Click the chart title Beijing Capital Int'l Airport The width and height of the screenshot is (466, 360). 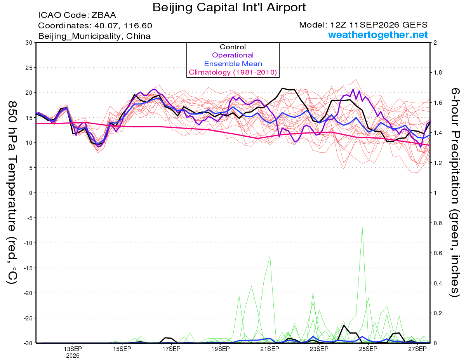229,8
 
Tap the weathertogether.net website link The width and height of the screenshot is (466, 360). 378,35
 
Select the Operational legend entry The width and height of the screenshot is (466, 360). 233,55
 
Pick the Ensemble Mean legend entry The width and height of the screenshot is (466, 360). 233,64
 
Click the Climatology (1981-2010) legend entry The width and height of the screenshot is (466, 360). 233,72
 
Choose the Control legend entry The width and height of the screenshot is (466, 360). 233,47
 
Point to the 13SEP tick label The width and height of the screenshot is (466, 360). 73,349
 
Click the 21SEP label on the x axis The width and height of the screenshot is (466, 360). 270,349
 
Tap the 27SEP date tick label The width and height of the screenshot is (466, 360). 417,349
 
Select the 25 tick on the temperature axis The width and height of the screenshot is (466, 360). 29,68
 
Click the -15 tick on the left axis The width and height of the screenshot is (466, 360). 28,268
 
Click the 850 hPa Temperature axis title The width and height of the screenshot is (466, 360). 12,193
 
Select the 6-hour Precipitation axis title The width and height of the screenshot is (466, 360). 455,193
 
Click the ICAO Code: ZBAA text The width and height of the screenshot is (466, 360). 77,15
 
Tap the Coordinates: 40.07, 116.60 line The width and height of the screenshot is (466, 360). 95,26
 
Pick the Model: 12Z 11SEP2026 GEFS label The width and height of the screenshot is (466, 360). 363,25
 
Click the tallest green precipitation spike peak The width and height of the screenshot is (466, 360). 362,227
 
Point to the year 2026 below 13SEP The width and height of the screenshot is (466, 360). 73,356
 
